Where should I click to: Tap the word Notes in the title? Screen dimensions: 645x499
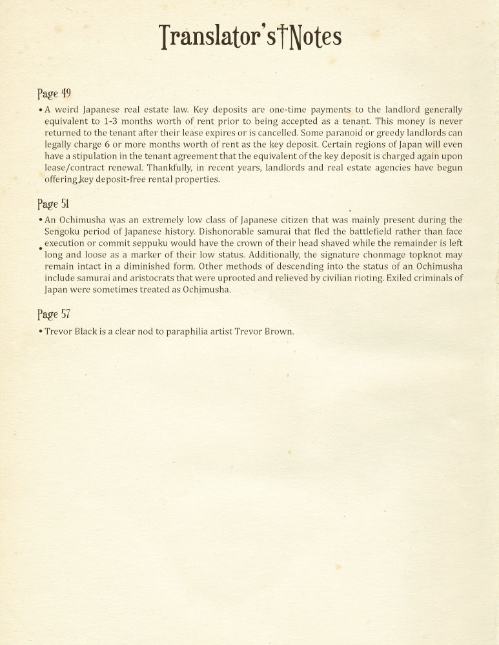click(x=316, y=37)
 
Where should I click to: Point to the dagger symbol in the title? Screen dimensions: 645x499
click(x=282, y=37)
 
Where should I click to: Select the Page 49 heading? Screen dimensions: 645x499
click(x=54, y=94)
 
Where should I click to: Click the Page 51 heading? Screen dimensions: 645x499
click(x=54, y=204)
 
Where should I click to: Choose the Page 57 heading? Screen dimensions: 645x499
click(x=54, y=314)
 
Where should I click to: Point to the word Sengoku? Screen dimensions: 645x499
click(x=64, y=232)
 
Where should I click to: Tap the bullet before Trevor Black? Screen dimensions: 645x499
click(x=40, y=332)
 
